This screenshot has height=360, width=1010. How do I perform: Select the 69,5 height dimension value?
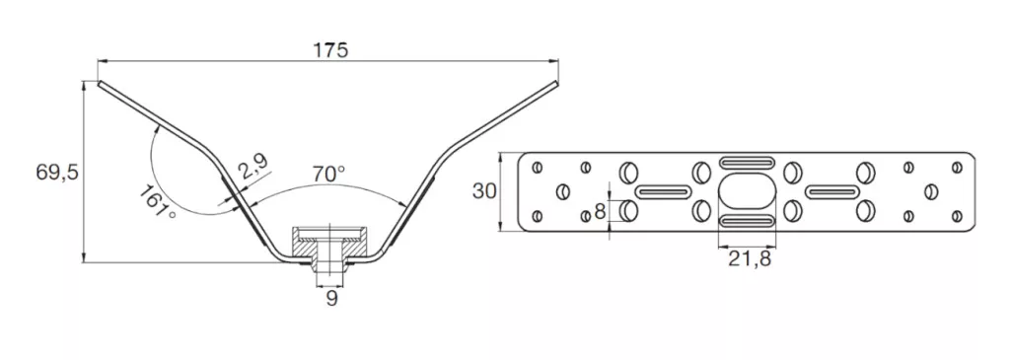pyautogui.click(x=57, y=173)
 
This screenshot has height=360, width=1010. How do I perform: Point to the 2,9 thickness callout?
pyautogui.click(x=252, y=169)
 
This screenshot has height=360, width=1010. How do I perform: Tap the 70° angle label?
pyautogui.click(x=328, y=174)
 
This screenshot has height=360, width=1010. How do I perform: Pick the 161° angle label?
pyautogui.click(x=157, y=201)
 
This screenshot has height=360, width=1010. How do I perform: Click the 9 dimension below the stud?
pyautogui.click(x=331, y=298)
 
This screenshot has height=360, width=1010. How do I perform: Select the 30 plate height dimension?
pyautogui.click(x=485, y=190)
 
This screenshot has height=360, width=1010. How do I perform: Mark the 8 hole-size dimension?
pyautogui.click(x=601, y=210)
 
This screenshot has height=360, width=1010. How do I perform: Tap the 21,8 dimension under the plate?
pyautogui.click(x=750, y=258)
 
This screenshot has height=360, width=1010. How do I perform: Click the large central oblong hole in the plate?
pyautogui.click(x=747, y=191)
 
